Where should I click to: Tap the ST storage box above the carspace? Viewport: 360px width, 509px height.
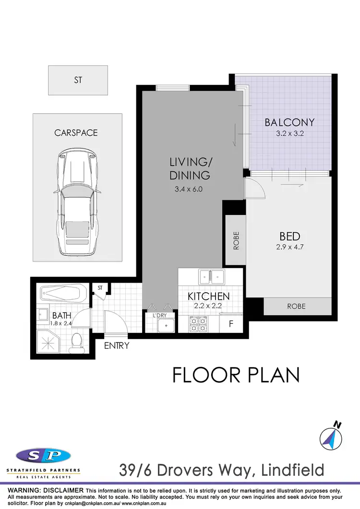tap(78, 80)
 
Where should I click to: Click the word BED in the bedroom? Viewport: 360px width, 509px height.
tap(290, 237)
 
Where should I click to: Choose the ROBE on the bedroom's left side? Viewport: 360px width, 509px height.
tap(236, 241)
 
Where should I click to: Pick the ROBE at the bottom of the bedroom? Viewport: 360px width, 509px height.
tap(297, 306)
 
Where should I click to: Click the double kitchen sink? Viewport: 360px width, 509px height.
tap(212, 277)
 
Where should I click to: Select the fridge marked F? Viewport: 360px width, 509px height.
tap(231, 323)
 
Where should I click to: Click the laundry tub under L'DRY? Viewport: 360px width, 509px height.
tap(166, 325)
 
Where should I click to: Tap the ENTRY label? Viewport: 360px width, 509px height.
tap(117, 345)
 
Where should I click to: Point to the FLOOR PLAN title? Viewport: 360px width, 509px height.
tap(236, 375)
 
